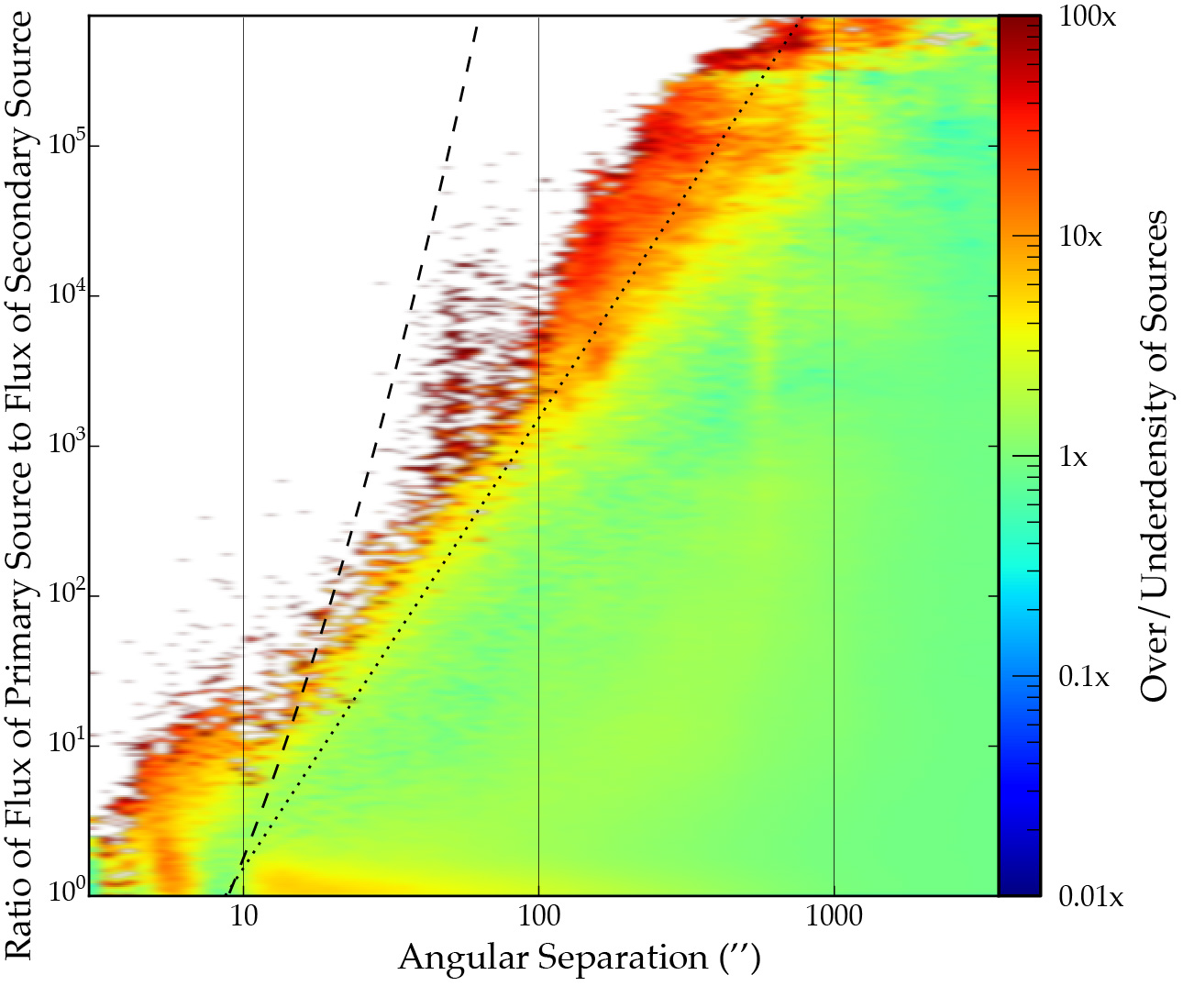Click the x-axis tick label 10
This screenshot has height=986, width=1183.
coord(243,916)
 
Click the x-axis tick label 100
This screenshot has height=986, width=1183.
coord(538,916)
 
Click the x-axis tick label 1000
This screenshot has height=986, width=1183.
coord(834,916)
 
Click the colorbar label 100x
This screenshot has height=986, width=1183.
coord(1087,16)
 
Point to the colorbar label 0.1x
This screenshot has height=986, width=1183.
coord(1084,677)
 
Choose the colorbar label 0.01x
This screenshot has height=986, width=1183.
coord(1090,896)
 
